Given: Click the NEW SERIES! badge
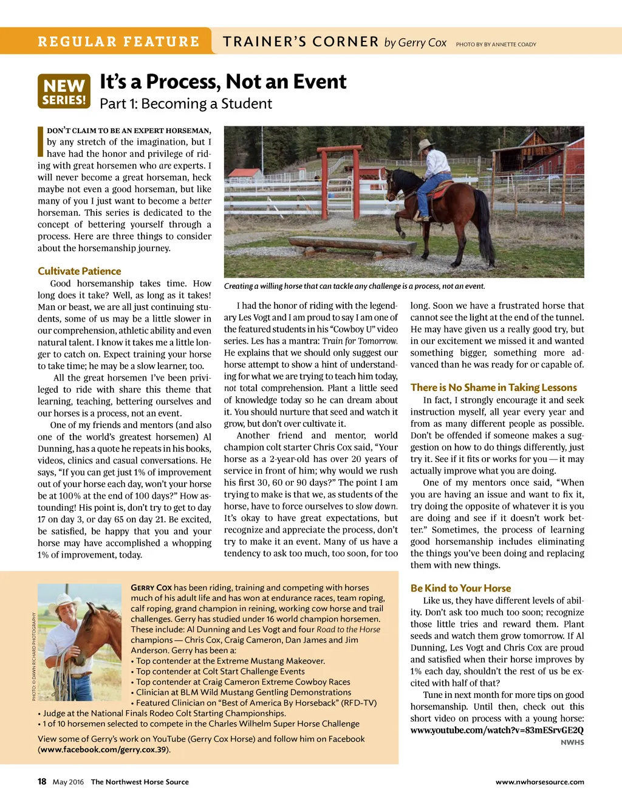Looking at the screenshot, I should pos(64,91).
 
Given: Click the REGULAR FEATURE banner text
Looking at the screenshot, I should pos(118,42).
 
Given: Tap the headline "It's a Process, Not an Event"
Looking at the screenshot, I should pos(223,81).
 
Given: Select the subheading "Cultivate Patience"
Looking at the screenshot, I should pos(79,271).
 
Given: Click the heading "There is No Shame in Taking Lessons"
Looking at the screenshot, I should pos(493,387).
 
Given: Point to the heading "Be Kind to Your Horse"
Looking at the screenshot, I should pos(460,588).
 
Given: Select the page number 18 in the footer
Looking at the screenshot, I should pos(42,781).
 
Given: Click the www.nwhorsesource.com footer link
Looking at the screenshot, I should pos(539,782).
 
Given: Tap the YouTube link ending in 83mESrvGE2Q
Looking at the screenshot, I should pos(496,730).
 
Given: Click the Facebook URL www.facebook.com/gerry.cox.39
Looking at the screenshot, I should pos(104,750).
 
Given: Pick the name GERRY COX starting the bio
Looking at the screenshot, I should pos(151,587).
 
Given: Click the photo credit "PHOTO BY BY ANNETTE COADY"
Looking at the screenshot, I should pos(496,44).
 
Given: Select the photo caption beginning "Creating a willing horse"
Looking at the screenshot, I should pos(354,286).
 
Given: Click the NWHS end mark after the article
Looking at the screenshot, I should pos(572,742).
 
